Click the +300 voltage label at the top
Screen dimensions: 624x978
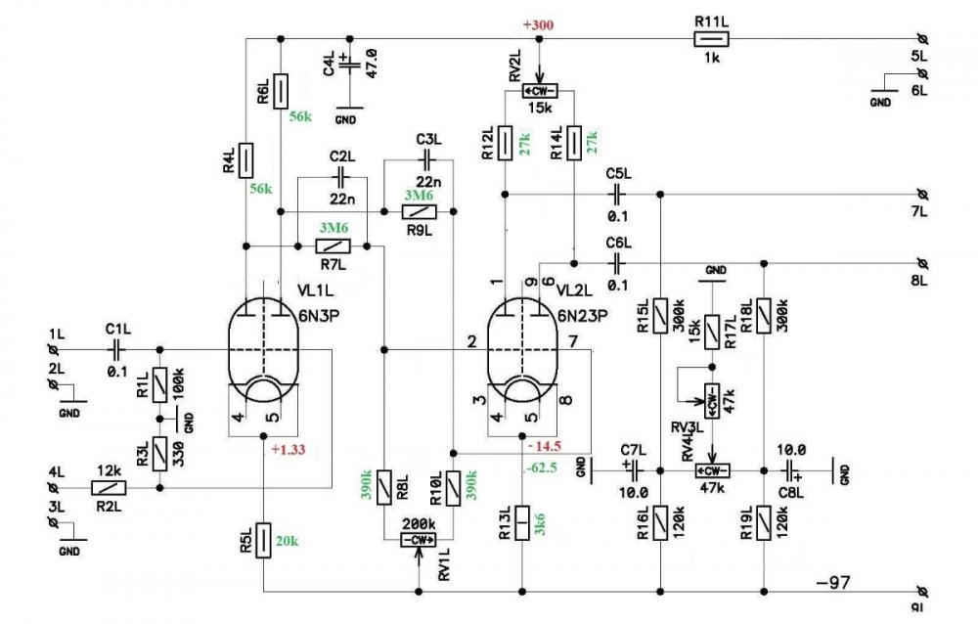point(539,24)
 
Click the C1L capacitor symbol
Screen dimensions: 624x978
point(116,348)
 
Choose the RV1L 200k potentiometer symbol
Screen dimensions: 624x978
point(420,540)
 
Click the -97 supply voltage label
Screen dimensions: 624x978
point(834,583)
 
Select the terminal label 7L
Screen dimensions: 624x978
point(919,210)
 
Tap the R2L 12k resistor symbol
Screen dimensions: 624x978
point(110,487)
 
